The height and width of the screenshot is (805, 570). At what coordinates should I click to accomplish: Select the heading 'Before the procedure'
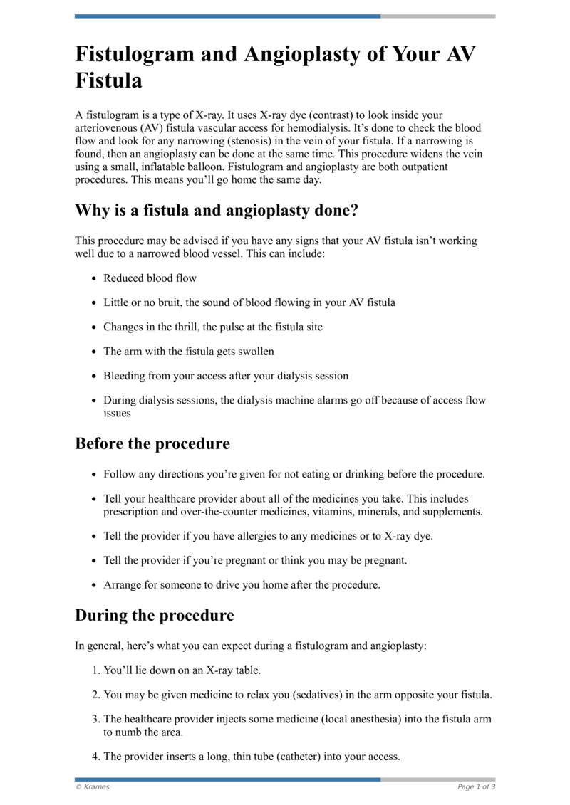(152, 443)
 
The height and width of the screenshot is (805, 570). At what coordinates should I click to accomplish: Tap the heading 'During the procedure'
(155, 614)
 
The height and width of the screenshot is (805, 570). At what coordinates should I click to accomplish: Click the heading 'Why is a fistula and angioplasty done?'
(217, 211)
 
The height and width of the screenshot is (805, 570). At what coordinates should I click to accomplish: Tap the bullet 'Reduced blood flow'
(150, 278)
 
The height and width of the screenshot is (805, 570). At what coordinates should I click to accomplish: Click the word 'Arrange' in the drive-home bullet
(123, 585)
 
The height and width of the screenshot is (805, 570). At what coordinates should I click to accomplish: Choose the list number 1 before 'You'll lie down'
(95, 670)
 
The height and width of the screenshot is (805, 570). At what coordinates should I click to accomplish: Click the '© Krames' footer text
(93, 787)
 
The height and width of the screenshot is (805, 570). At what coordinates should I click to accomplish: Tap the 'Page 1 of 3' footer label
(476, 787)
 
